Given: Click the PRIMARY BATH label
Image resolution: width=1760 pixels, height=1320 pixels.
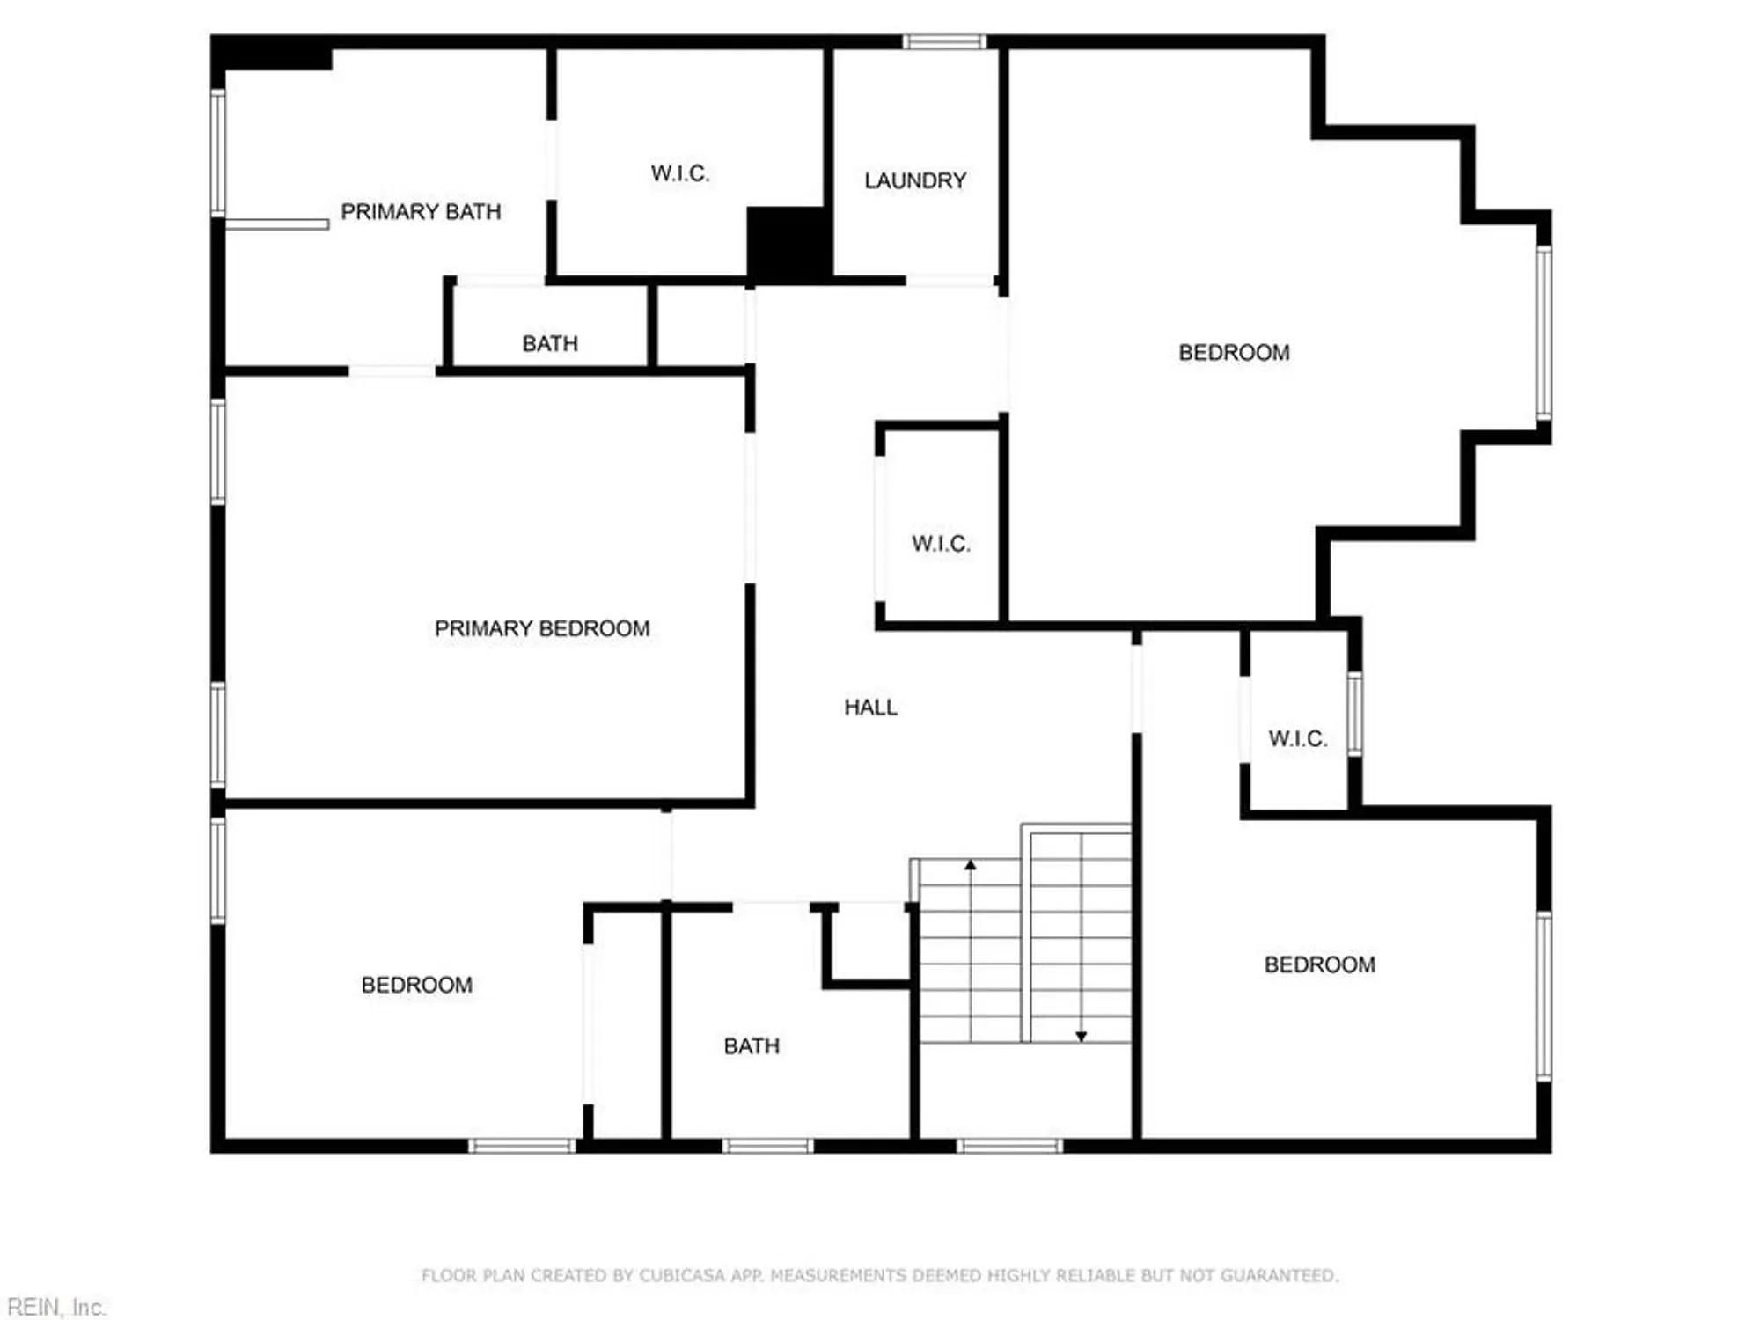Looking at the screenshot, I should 421,212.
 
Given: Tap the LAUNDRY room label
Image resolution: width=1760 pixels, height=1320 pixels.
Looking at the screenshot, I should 915,181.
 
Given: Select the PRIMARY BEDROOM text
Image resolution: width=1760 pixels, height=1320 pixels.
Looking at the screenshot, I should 542,629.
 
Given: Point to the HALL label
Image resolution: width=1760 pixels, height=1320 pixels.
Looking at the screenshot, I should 870,708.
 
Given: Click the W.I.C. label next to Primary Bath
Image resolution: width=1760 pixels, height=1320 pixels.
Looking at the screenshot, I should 679,173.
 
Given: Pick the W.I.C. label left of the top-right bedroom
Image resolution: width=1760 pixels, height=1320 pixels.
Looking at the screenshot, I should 941,544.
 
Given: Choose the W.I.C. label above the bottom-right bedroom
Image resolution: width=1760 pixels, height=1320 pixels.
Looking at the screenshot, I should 1297,739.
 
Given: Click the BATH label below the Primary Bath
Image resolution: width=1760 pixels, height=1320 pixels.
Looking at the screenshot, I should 550,344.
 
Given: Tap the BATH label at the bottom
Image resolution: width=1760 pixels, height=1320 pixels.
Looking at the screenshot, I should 752,1046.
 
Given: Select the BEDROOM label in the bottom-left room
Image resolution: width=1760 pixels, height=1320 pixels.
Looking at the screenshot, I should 416,985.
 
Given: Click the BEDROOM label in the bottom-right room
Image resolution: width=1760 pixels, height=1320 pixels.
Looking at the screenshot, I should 1319,965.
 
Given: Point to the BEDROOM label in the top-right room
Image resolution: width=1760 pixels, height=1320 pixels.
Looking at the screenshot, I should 1234,353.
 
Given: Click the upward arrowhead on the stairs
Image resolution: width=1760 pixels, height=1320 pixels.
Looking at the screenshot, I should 971,866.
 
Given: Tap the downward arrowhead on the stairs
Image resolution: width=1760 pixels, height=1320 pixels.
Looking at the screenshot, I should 1082,1037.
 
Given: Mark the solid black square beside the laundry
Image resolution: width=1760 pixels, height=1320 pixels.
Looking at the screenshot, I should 789,244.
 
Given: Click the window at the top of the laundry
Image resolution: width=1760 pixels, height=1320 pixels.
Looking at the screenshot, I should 944,41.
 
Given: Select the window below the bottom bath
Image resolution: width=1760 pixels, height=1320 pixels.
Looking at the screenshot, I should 767,1146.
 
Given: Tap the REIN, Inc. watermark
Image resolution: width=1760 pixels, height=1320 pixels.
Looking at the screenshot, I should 56,1307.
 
